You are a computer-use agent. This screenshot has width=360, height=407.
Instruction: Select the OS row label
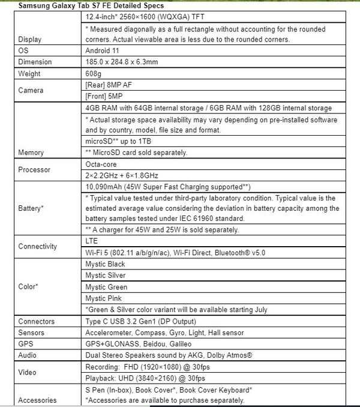pyautogui.click(x=23, y=51)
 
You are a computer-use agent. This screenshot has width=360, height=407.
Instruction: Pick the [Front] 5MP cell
pyautogui.click(x=104, y=96)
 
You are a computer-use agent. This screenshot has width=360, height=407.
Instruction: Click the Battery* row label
pyautogui.click(x=31, y=208)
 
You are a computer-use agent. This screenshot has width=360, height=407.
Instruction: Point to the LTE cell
pyautogui.click(x=92, y=241)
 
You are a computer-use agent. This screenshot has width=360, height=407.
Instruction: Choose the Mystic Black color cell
pyautogui.click(x=106, y=264)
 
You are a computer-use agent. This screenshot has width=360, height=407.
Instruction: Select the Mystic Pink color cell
pyautogui.click(x=104, y=298)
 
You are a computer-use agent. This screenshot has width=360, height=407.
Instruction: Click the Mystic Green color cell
pyautogui.click(x=106, y=287)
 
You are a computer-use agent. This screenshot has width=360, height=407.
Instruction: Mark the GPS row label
pyautogui.click(x=26, y=344)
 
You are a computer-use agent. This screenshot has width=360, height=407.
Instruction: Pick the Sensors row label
pyautogui.click(x=31, y=333)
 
